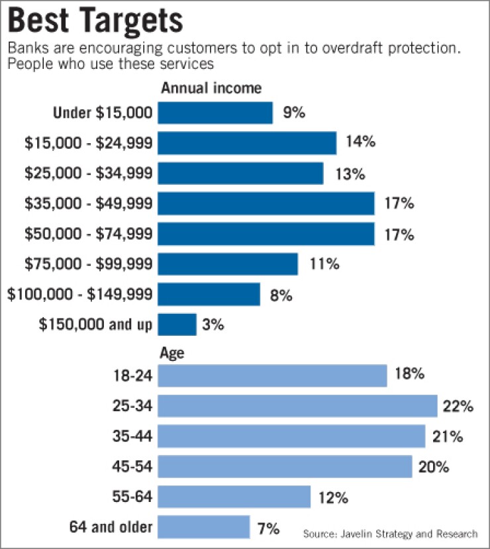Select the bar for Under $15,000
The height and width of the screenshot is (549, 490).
215,113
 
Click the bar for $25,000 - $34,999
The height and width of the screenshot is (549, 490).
240,174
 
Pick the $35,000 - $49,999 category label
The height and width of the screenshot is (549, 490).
88,204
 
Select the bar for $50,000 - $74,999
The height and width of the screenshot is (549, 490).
266,234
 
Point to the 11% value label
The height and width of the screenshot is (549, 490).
324,264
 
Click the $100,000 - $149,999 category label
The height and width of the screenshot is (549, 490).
80,295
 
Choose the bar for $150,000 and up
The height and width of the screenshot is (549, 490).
177,324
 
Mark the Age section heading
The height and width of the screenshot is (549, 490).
171,353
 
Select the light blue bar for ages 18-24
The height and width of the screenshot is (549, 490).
272,376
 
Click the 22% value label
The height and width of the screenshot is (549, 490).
458,406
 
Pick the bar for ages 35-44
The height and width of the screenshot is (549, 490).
291,436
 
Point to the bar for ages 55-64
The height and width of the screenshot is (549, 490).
234,497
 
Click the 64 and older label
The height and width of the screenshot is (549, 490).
111,528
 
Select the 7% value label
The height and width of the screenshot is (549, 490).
269,528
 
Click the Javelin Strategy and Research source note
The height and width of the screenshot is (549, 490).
391,534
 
